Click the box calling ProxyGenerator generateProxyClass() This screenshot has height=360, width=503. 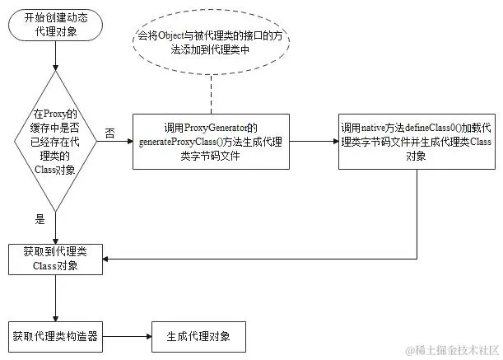(212, 142)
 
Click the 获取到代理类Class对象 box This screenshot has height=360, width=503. (55, 258)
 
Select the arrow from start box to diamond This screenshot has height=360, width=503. (55, 62)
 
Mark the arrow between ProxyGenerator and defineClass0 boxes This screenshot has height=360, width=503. (314, 143)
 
